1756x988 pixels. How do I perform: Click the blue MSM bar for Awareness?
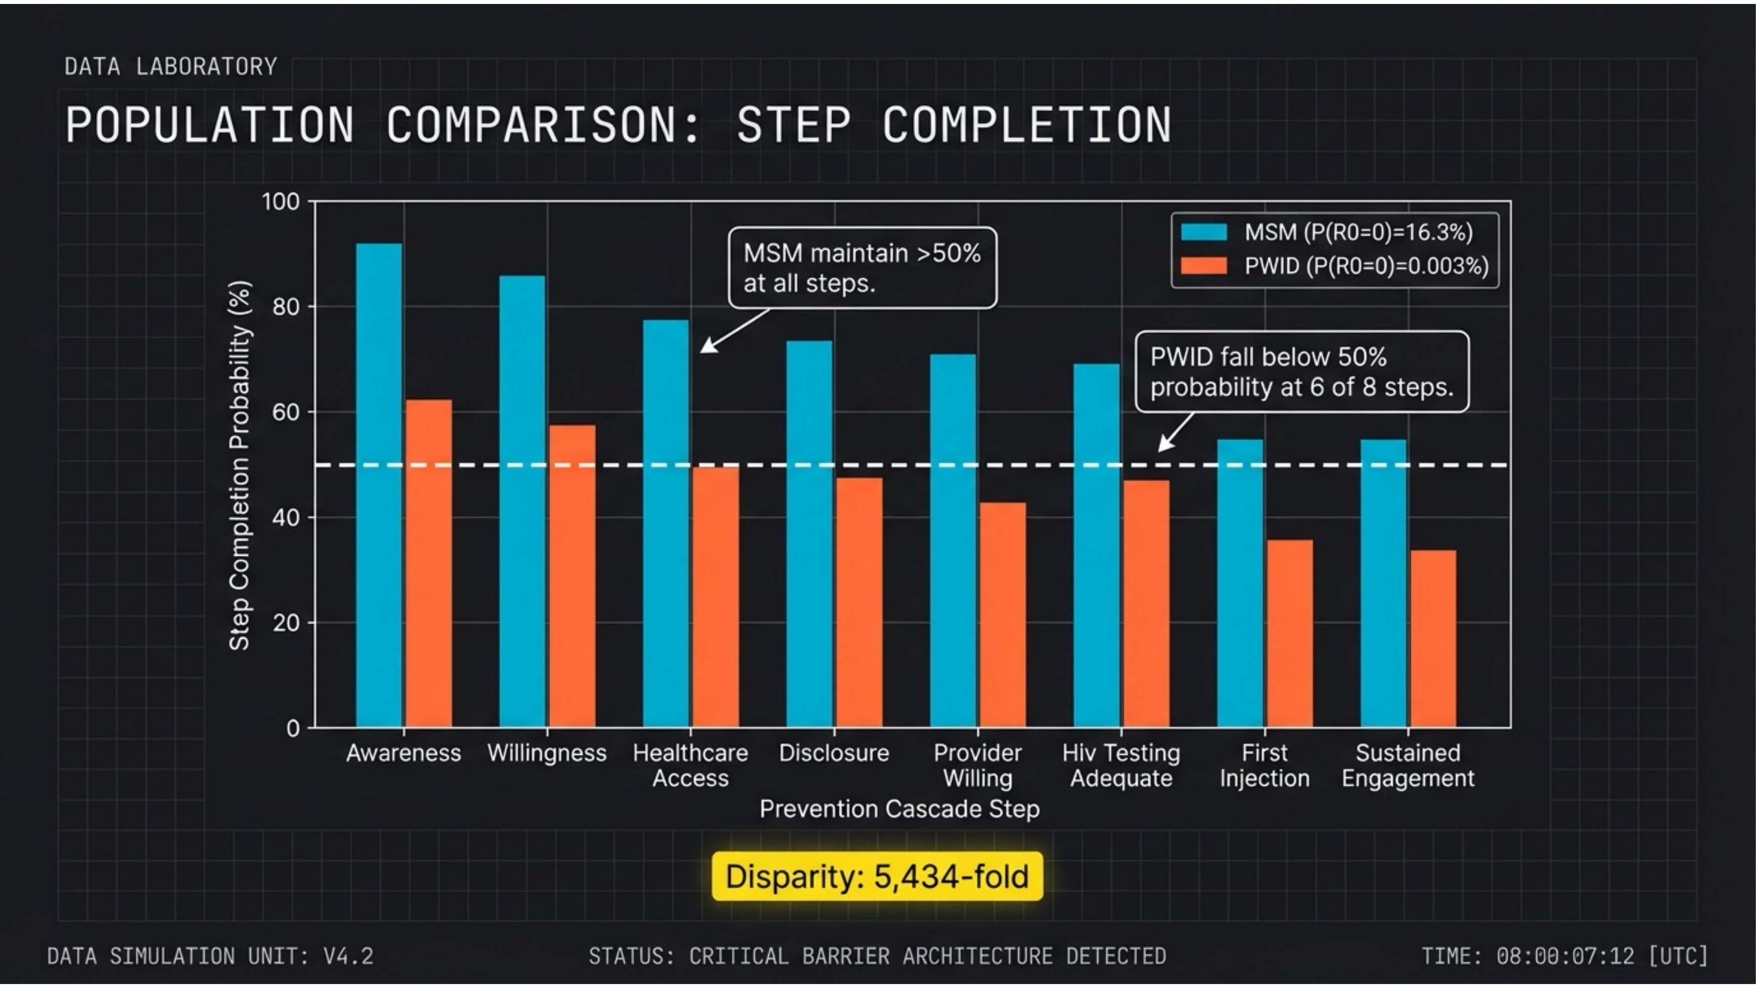click(379, 485)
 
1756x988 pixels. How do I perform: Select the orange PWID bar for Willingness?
click(572, 576)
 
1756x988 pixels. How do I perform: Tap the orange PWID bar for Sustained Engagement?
click(1433, 639)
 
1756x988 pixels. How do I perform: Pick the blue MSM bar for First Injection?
click(1240, 583)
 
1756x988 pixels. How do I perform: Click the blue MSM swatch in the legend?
click(1204, 233)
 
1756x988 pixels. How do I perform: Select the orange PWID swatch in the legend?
click(1204, 266)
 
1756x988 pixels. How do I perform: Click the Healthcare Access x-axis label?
click(690, 766)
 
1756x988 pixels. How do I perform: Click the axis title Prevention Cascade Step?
click(899, 809)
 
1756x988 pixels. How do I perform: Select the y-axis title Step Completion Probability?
click(239, 466)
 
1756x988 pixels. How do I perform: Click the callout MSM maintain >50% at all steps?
click(862, 268)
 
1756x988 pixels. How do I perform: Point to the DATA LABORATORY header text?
click(170, 67)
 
